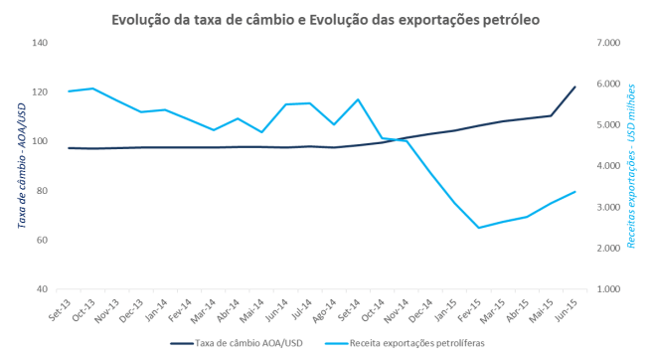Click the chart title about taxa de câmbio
tap(325, 19)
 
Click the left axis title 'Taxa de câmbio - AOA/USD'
tap(20, 165)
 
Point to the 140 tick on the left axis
tap(41, 43)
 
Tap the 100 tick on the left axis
tap(41, 141)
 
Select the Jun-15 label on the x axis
tap(570, 309)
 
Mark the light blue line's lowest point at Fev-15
tap(479, 228)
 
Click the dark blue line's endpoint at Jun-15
tap(575, 87)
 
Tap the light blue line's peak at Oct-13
tap(92, 89)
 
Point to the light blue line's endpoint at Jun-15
tap(575, 191)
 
